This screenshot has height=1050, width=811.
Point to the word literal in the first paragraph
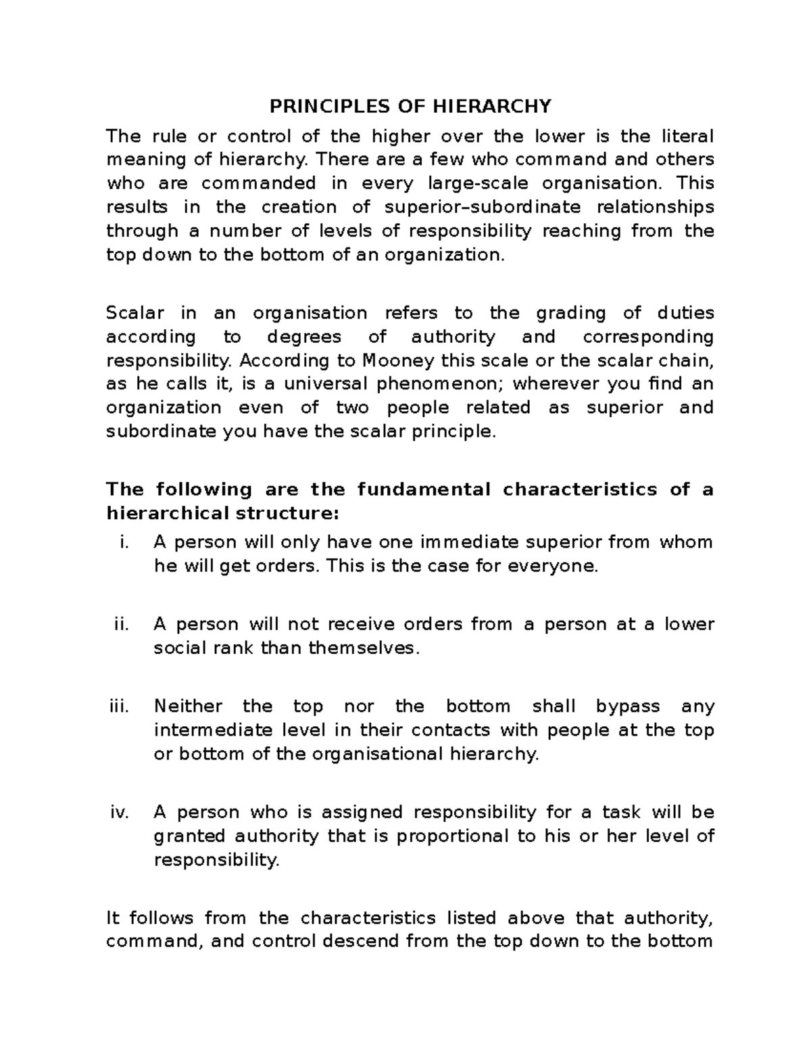(687, 136)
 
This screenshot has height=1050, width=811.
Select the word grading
(567, 313)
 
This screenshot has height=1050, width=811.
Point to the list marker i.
(122, 542)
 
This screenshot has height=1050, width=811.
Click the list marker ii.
(121, 624)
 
